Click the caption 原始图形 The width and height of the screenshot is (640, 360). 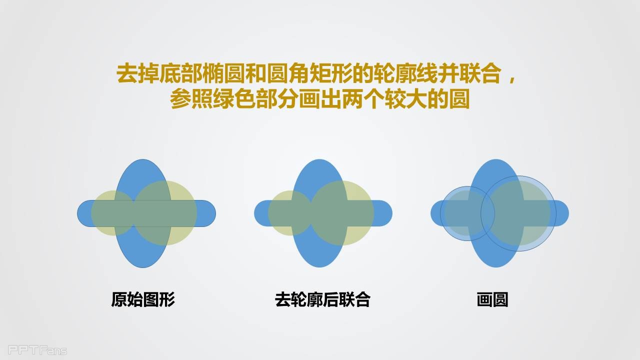pos(143,299)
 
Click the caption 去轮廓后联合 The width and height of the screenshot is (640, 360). pos(322,299)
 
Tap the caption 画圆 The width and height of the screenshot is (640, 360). pos(492,299)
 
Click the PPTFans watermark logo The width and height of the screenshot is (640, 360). pos(37,349)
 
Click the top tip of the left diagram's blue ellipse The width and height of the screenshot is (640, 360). pos(143,159)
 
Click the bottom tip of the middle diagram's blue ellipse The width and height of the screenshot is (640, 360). pos(319,267)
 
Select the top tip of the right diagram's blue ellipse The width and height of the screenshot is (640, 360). pos(496,159)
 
